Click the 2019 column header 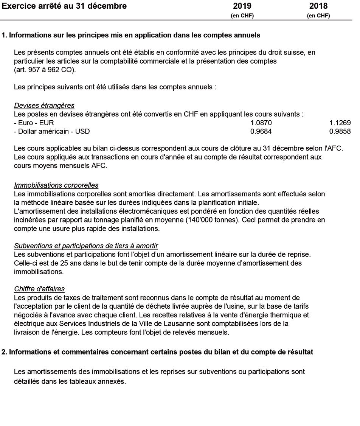[242, 6]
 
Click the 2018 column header [318, 6]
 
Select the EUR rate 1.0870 [261, 123]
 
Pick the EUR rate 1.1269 [340, 123]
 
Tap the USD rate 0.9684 [261, 132]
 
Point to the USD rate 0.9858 [340, 132]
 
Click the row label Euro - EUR [34, 123]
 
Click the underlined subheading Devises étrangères [44, 106]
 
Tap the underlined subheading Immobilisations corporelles [56, 185]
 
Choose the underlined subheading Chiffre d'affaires [39, 289]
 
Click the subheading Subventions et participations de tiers [86, 246]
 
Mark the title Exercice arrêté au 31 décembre [64, 6]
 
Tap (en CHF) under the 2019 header [242, 16]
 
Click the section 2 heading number [4, 352]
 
